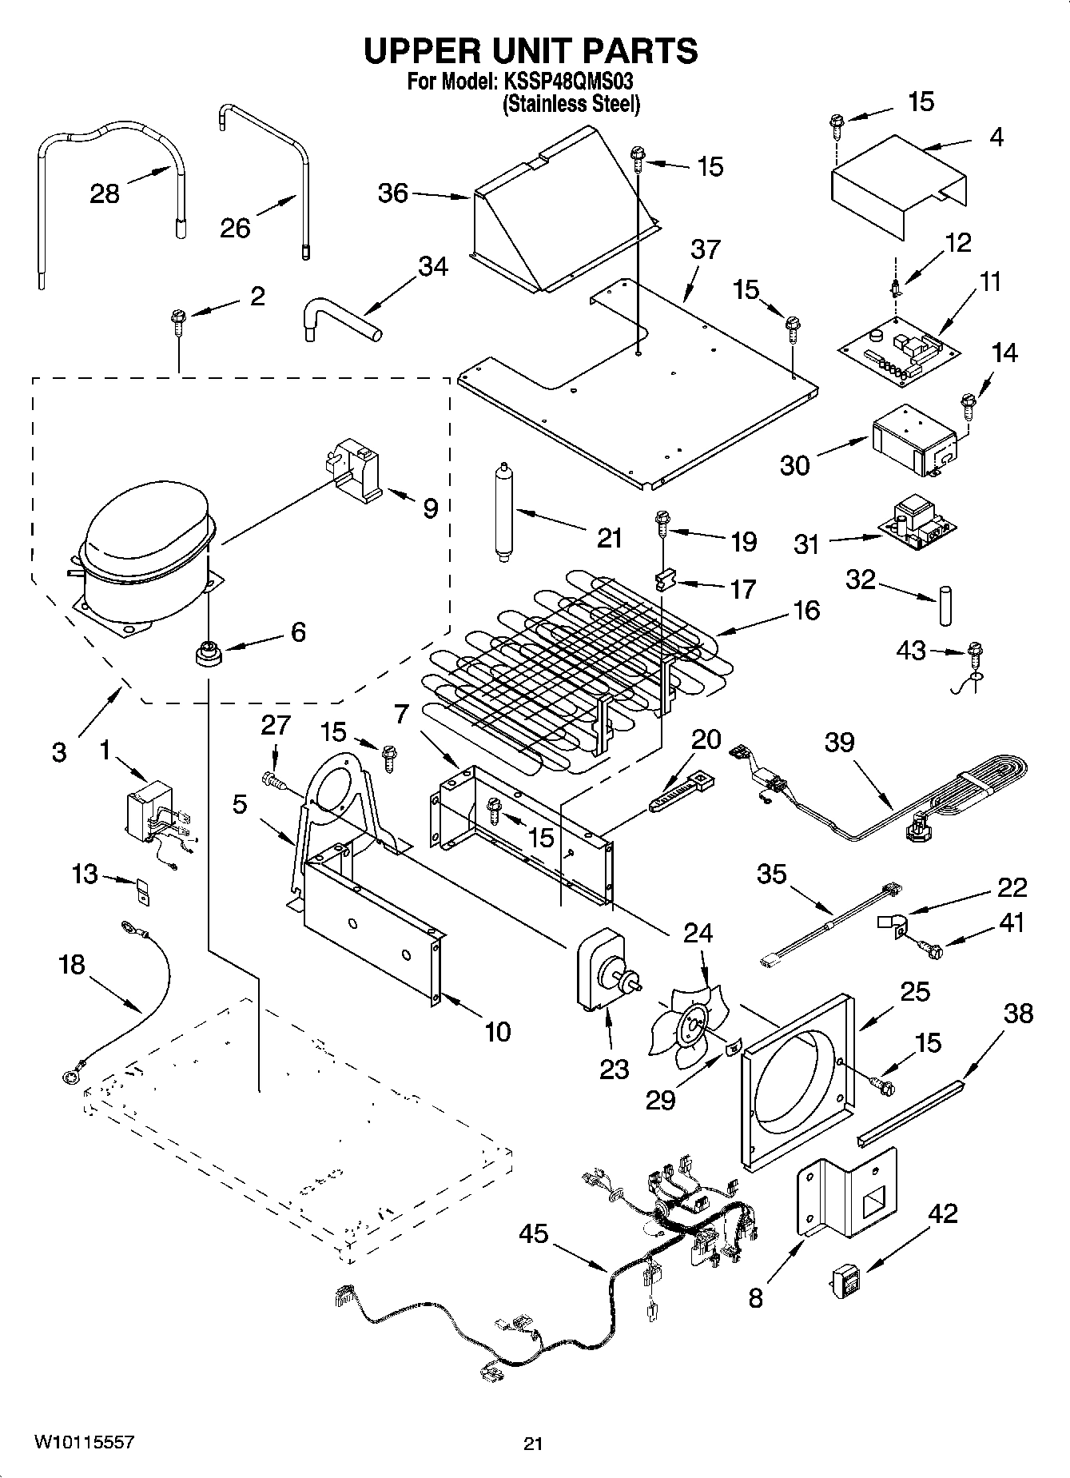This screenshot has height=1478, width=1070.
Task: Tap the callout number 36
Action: pyautogui.click(x=392, y=193)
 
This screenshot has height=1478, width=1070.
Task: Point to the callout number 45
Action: pyautogui.click(x=534, y=1233)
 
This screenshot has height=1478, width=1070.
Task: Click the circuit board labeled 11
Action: pyautogui.click(x=900, y=350)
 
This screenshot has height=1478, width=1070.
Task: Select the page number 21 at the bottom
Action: pyautogui.click(x=533, y=1444)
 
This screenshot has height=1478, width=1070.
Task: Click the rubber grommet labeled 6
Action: pyautogui.click(x=208, y=652)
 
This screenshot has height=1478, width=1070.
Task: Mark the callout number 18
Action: pyautogui.click(x=72, y=965)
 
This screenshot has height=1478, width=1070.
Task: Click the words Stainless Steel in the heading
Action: pyautogui.click(x=571, y=104)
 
